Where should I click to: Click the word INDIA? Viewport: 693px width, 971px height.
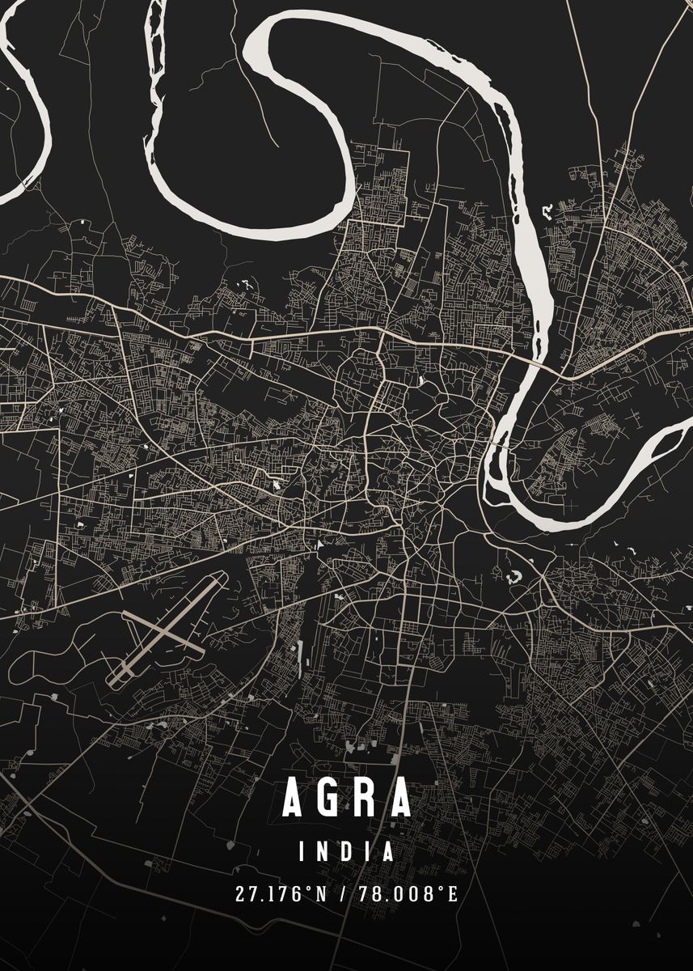pyautogui.click(x=347, y=851)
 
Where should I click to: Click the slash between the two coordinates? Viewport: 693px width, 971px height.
pyautogui.click(x=346, y=894)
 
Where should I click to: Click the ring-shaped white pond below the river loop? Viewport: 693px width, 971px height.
pyautogui.click(x=513, y=578)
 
